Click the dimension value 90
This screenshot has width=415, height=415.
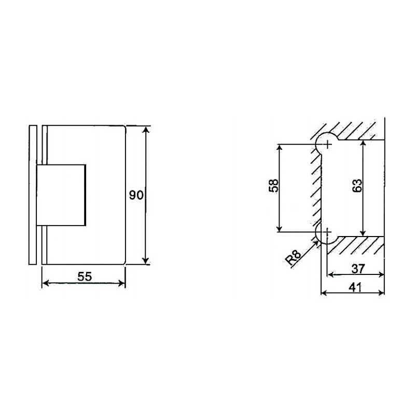click(x=136, y=195)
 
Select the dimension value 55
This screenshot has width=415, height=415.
click(x=85, y=276)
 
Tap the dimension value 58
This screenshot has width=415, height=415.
click(x=274, y=186)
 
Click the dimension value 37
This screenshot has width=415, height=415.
click(x=357, y=268)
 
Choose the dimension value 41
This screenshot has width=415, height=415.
click(x=355, y=286)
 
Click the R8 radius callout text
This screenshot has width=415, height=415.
click(x=295, y=258)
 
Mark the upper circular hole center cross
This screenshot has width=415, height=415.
click(x=327, y=143)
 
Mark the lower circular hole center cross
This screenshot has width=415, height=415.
click(x=327, y=232)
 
